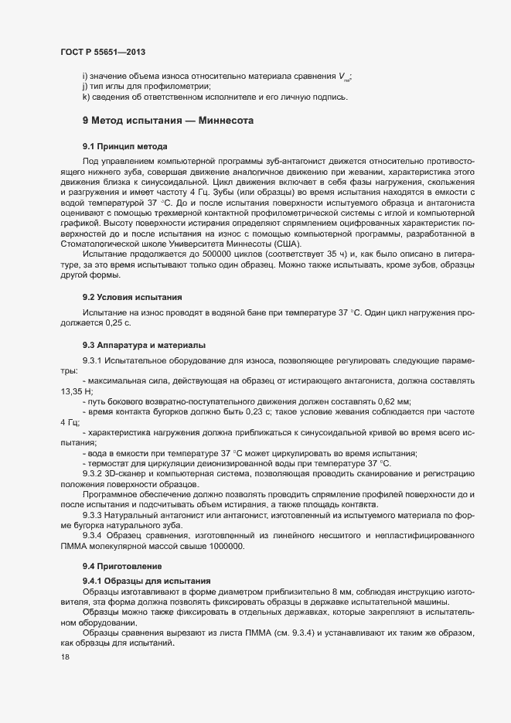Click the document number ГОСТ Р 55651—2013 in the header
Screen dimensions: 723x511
point(102,52)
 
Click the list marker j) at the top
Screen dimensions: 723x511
point(84,87)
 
